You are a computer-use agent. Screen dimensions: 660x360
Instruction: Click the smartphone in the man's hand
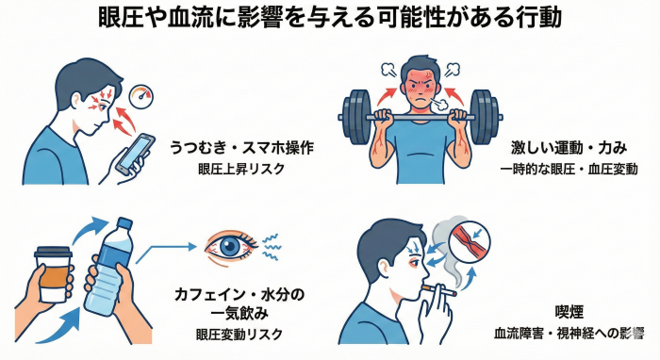pyautogui.click(x=135, y=155)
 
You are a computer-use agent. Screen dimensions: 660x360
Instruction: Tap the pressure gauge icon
pyautogui.click(x=140, y=98)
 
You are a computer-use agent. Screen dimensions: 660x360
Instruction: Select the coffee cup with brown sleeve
pyautogui.click(x=53, y=274)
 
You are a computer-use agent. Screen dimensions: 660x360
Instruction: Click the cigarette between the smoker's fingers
pyautogui.click(x=439, y=290)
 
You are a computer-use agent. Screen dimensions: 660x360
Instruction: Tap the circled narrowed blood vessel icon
pyautogui.click(x=470, y=242)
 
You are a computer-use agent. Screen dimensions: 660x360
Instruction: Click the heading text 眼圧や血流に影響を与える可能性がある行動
pyautogui.click(x=330, y=18)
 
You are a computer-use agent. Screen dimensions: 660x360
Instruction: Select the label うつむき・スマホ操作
pyautogui.click(x=241, y=148)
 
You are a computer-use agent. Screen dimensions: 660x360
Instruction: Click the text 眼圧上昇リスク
pyautogui.click(x=241, y=169)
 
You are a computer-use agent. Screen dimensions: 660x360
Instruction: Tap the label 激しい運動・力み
pyautogui.click(x=569, y=148)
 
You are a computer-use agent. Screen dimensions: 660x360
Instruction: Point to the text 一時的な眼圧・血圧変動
pyautogui.click(x=569, y=169)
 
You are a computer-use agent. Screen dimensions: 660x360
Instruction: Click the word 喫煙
pyautogui.click(x=569, y=313)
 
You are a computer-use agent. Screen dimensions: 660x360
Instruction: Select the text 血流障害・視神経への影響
pyautogui.click(x=569, y=334)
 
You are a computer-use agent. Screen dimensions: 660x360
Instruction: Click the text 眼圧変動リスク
pyautogui.click(x=239, y=335)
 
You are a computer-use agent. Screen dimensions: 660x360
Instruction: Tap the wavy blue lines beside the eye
pyautogui.click(x=272, y=247)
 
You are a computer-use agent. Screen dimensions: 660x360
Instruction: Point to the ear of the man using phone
pyautogui.click(x=76, y=102)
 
